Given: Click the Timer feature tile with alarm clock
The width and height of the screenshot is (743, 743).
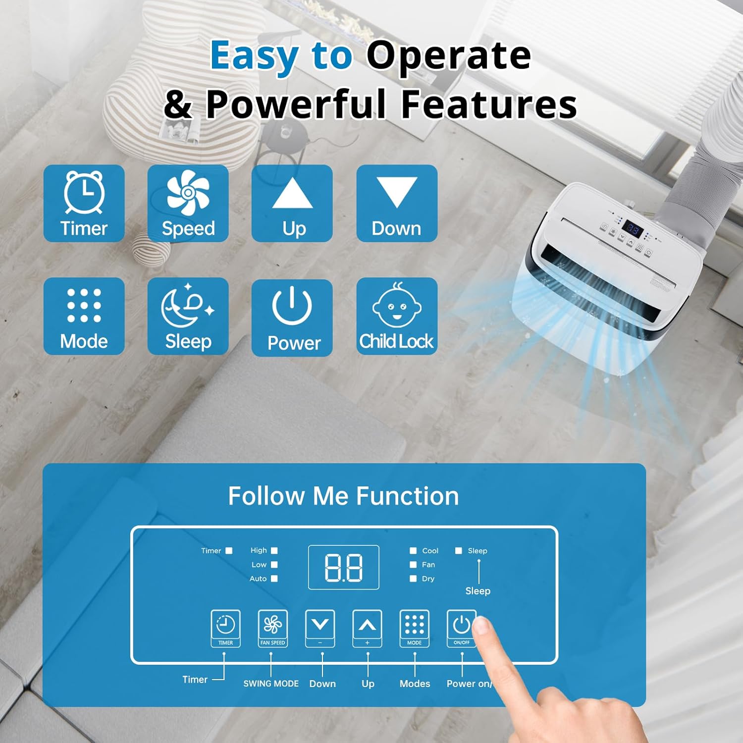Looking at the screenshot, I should [84, 203].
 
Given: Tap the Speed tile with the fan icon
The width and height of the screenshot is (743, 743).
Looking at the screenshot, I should [188, 203].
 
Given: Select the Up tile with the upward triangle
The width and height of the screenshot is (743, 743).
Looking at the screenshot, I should [292, 203].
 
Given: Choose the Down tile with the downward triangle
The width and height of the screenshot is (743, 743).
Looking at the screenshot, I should [397, 203].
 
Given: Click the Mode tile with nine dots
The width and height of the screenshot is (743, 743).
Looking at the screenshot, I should [84, 316].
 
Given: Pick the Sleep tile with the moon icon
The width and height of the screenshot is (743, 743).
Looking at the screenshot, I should [188, 316].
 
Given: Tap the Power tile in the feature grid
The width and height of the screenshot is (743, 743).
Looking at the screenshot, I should [292, 318].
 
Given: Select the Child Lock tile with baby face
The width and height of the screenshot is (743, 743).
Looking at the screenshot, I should [397, 316].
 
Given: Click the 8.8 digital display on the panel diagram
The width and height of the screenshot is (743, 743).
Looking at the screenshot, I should [344, 567].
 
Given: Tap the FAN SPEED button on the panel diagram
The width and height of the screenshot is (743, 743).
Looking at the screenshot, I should [273, 628].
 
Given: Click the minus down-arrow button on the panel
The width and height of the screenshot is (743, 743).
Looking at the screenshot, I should [320, 628].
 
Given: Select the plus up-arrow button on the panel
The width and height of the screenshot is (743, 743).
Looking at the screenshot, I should [367, 628].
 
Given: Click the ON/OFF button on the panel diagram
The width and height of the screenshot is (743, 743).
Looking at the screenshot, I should [461, 628].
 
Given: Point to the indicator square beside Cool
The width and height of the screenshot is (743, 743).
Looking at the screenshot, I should [413, 550].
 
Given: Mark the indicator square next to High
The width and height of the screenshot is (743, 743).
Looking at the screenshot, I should [274, 550].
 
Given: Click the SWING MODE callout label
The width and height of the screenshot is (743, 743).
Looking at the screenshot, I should [271, 684].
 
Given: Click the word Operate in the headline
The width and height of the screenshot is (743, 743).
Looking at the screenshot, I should [449, 55].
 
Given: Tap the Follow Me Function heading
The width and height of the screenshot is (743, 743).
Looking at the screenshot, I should [344, 496].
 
